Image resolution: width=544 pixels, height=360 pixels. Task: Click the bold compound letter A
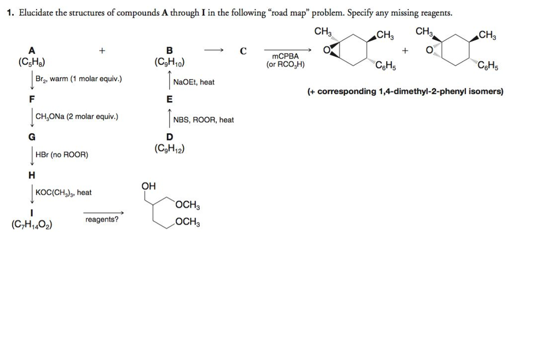pyautogui.click(x=32, y=51)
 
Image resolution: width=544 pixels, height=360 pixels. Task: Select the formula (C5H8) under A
pyautogui.click(x=32, y=62)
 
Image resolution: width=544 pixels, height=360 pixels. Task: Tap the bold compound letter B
pyautogui.click(x=169, y=51)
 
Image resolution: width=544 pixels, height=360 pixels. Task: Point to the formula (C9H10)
pyautogui.click(x=169, y=62)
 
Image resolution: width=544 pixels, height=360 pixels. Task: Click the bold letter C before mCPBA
pyautogui.click(x=243, y=52)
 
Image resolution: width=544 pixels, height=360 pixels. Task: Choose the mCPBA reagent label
pyautogui.click(x=285, y=56)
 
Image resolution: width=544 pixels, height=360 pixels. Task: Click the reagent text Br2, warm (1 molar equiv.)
pyautogui.click(x=79, y=80)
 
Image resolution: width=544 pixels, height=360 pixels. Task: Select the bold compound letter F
pyautogui.click(x=32, y=98)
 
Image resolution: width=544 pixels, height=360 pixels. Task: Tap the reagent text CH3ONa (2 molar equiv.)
pyautogui.click(x=76, y=116)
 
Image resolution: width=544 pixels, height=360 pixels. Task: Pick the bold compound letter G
pyautogui.click(x=32, y=136)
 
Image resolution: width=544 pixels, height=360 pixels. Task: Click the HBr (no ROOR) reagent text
pyautogui.click(x=62, y=155)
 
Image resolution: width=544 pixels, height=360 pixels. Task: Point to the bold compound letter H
pyautogui.click(x=32, y=175)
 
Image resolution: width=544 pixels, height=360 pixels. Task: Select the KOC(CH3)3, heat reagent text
pyautogui.click(x=63, y=193)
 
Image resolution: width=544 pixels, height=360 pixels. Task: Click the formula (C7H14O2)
pyautogui.click(x=31, y=224)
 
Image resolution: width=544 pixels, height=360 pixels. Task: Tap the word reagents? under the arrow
pyautogui.click(x=102, y=219)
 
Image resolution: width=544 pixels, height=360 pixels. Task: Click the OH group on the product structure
pyautogui.click(x=149, y=186)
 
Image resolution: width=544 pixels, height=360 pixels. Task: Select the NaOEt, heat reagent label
pyautogui.click(x=194, y=82)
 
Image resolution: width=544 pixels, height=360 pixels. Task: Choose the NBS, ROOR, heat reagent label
pyautogui.click(x=203, y=120)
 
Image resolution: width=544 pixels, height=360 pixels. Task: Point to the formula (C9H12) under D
pyautogui.click(x=169, y=149)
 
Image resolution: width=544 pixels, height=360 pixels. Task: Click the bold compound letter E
pyautogui.click(x=169, y=99)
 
